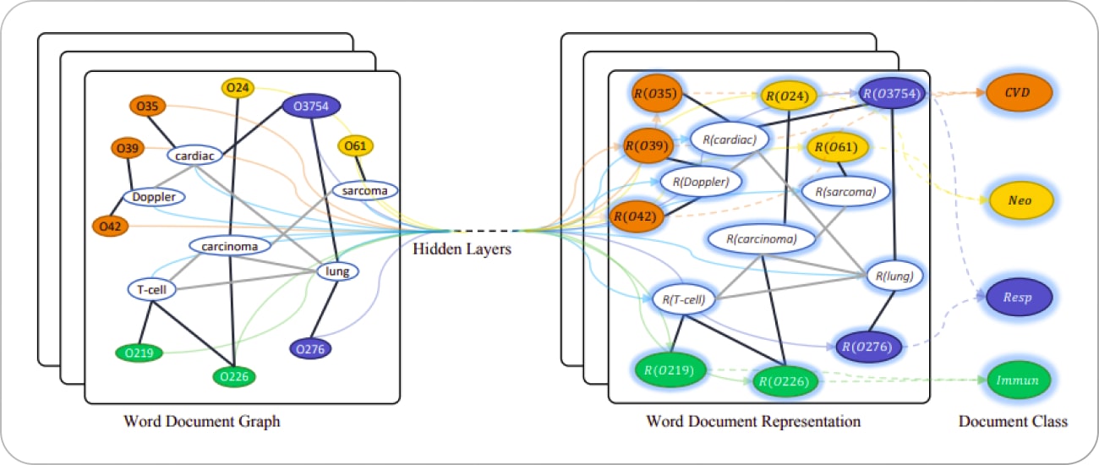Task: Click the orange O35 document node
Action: (147, 107)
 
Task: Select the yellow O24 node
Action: (238, 87)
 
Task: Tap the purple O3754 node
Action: (312, 106)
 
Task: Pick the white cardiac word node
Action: (194, 156)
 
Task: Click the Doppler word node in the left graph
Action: (154, 197)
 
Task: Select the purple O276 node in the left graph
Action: (310, 348)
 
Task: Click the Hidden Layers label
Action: (462, 249)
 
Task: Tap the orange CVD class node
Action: (1018, 92)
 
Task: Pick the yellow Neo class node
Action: (1018, 200)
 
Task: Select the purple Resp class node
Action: (1018, 298)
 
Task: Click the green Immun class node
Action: (1018, 380)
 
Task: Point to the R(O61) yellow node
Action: (837, 148)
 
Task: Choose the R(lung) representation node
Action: (894, 275)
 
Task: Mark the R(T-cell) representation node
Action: (684, 298)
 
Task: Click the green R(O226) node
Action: (785, 381)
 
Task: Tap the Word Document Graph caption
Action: (201, 421)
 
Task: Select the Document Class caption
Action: (1013, 421)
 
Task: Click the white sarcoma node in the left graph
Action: (364, 190)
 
